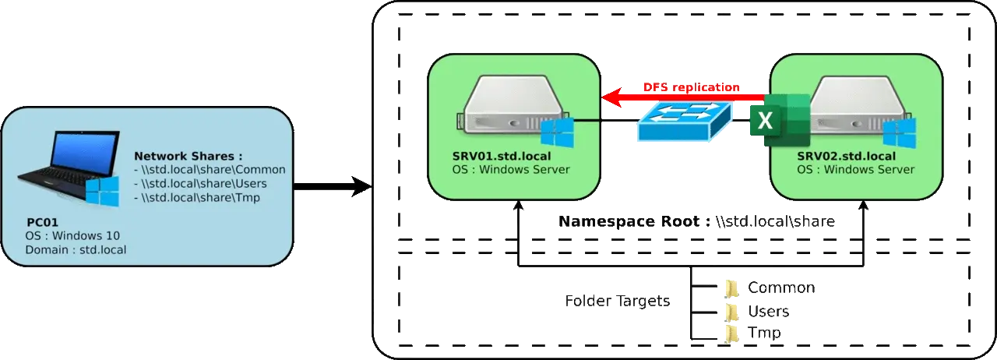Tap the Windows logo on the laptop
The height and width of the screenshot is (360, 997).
(x=103, y=191)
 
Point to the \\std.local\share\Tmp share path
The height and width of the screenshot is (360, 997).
(x=199, y=198)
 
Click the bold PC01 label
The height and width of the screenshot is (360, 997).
(x=42, y=221)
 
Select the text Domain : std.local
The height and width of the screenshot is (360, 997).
(x=76, y=250)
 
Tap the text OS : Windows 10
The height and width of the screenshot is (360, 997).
(x=72, y=235)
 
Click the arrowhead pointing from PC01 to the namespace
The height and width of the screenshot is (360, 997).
(x=360, y=187)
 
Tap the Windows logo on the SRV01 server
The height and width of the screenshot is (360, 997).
(x=557, y=133)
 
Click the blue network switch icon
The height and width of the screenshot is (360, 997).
(x=684, y=121)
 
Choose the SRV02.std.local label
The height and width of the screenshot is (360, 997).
(x=847, y=157)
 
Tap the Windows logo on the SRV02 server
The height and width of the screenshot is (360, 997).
(x=899, y=133)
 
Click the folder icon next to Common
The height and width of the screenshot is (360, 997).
(x=731, y=287)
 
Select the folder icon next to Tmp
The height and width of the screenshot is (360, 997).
(x=731, y=334)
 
